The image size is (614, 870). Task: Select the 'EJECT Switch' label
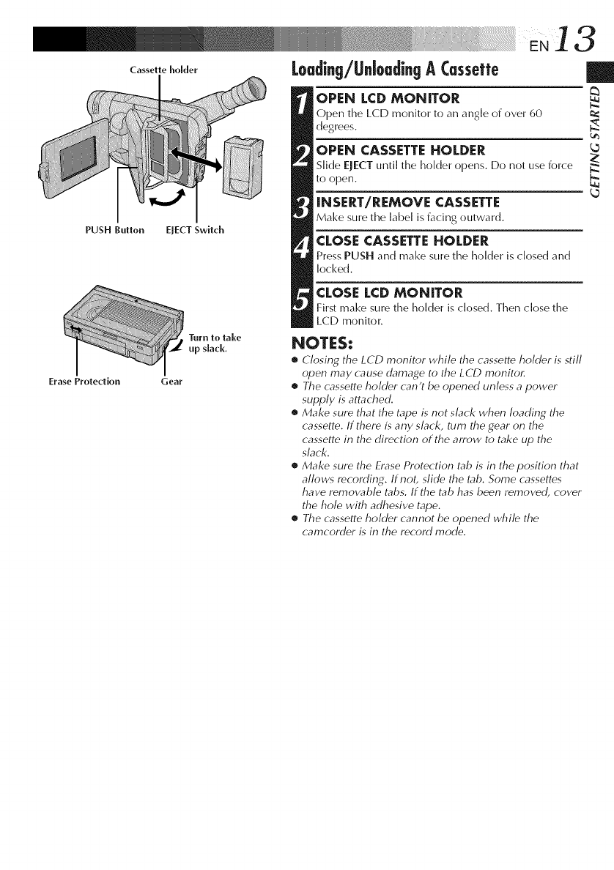point(194,231)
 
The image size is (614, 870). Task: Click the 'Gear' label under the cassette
point(171,382)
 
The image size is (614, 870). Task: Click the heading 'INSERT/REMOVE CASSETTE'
point(405,201)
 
